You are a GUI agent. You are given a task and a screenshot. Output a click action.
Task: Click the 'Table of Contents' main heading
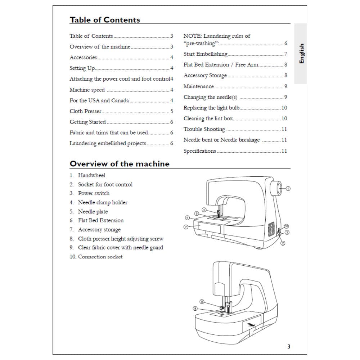pos(105,20)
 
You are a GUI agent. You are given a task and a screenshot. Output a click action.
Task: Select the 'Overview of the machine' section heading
pos(119,164)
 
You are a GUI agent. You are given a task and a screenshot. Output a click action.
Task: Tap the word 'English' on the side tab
pos(302,54)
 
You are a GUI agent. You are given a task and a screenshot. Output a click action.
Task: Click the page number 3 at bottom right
pos(289,347)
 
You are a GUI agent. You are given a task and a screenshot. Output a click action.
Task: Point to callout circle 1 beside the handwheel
pos(288,188)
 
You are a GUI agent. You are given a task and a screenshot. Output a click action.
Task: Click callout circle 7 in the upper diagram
pos(186,227)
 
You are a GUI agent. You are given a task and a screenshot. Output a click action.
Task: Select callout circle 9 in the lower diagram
pos(195,309)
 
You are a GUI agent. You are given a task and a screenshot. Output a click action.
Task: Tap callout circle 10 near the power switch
pos(287,226)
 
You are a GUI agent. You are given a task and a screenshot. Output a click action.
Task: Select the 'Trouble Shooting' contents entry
pos(204,129)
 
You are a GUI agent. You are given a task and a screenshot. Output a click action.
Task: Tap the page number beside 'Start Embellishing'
pos(285,54)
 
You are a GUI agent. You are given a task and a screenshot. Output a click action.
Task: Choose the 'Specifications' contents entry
pos(200,151)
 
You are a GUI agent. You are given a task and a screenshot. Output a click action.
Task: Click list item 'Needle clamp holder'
pos(103,202)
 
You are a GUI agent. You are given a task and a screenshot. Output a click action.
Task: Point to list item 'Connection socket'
pos(100,257)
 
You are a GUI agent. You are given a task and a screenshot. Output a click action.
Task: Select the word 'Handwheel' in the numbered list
pos(91,175)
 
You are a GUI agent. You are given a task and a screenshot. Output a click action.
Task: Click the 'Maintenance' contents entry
pos(198,86)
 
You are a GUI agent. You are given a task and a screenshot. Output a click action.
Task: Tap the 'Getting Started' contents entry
pos(87,122)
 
